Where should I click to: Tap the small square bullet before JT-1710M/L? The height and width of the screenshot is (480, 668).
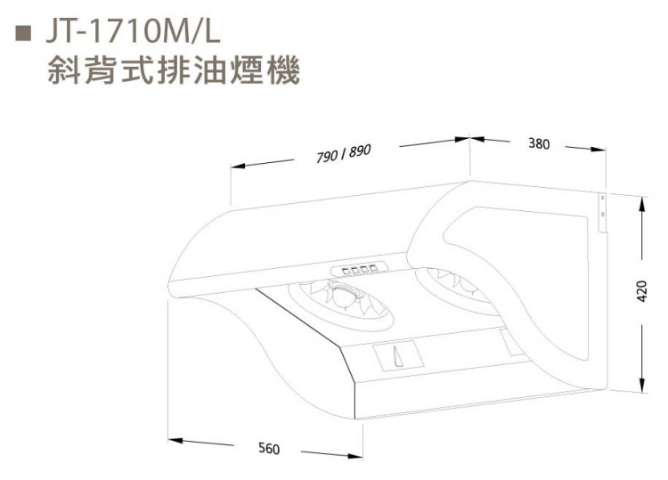pos(23,33)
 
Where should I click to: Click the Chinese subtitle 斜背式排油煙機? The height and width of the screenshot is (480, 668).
pos(174,70)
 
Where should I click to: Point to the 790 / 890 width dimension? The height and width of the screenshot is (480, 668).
pos(344,153)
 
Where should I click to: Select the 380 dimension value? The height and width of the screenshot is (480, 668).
pos(539,144)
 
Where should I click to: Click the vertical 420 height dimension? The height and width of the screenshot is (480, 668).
pos(641,291)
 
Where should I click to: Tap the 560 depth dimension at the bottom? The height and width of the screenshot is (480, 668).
pos(269,449)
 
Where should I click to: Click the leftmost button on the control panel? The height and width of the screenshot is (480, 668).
pos(346,271)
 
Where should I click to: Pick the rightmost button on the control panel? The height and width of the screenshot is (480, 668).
pos(373,268)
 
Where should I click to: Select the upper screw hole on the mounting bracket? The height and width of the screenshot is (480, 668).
pos(602,198)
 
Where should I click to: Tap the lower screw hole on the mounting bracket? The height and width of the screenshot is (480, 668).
pos(602,214)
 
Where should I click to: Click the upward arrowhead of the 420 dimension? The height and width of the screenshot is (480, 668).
pos(641,205)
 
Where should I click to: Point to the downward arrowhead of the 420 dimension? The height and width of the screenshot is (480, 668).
pos(641,385)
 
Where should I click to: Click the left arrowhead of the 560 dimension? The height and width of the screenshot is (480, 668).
pos(175,440)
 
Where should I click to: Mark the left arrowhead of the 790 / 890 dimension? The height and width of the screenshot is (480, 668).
pos(238,167)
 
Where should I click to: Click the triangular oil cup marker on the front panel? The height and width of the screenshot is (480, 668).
pos(398,356)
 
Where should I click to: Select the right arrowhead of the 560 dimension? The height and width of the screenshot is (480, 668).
pos(355,456)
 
